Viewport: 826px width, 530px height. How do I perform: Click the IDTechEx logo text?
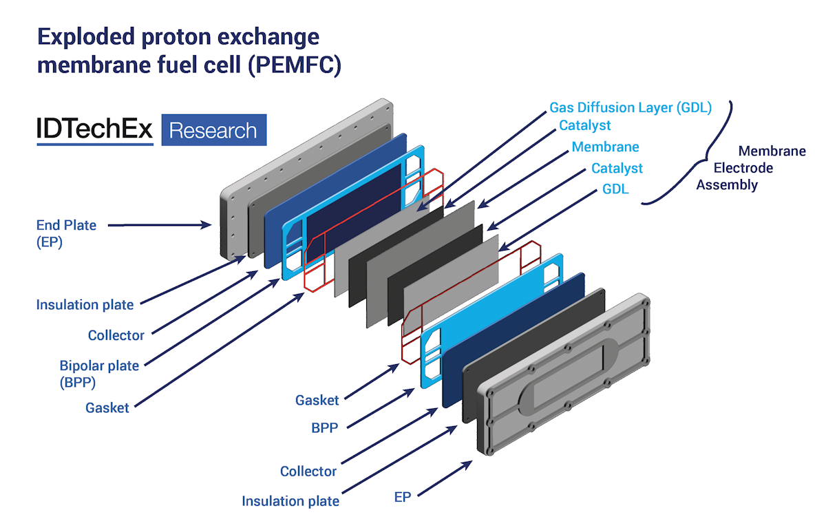click(x=94, y=130)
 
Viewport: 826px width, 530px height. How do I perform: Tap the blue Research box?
click(x=213, y=130)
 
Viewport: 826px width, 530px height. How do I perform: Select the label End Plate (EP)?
click(x=66, y=233)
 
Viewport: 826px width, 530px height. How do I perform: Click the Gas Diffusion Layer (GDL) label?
click(x=630, y=108)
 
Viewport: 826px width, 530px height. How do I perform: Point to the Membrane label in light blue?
click(x=605, y=147)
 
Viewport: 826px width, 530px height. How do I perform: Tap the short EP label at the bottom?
click(x=403, y=496)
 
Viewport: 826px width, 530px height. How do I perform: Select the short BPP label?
click(x=325, y=427)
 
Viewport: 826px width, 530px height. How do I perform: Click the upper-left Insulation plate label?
click(x=85, y=304)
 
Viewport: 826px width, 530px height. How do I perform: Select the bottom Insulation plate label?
click(x=290, y=501)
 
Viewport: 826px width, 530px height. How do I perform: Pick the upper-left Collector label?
click(x=116, y=336)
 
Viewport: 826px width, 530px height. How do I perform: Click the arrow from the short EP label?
click(x=445, y=478)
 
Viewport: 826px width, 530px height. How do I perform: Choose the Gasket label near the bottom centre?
click(x=317, y=400)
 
